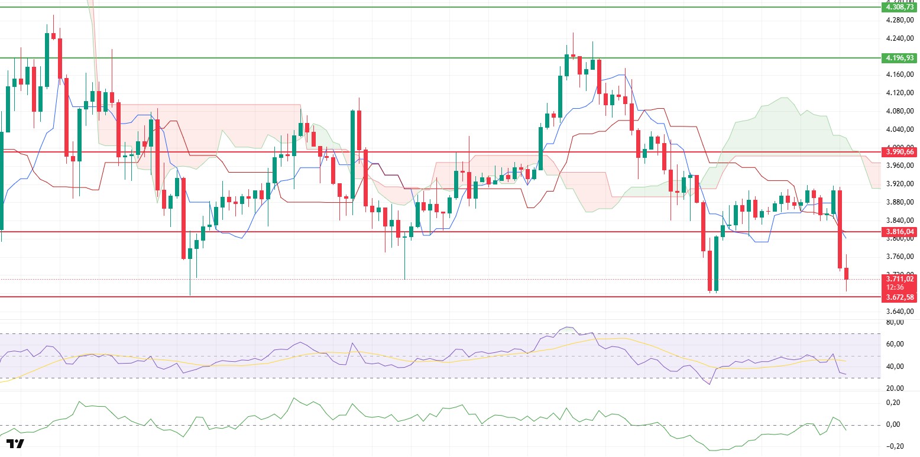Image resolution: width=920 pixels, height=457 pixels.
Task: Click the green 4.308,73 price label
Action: tap(899, 8)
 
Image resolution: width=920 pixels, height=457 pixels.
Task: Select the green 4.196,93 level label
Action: tap(899, 58)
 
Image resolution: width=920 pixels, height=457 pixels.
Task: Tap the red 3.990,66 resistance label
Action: tap(899, 152)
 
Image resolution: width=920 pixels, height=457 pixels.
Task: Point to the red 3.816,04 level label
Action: tap(899, 232)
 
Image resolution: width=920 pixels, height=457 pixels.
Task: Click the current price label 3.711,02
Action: tap(899, 279)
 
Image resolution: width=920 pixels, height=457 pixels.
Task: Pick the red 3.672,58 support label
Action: tap(899, 297)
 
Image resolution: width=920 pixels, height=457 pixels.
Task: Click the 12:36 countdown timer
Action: tap(899, 287)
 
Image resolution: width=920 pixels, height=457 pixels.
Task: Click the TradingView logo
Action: tap(16, 444)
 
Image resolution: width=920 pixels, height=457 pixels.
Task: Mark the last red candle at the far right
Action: tap(847, 273)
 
